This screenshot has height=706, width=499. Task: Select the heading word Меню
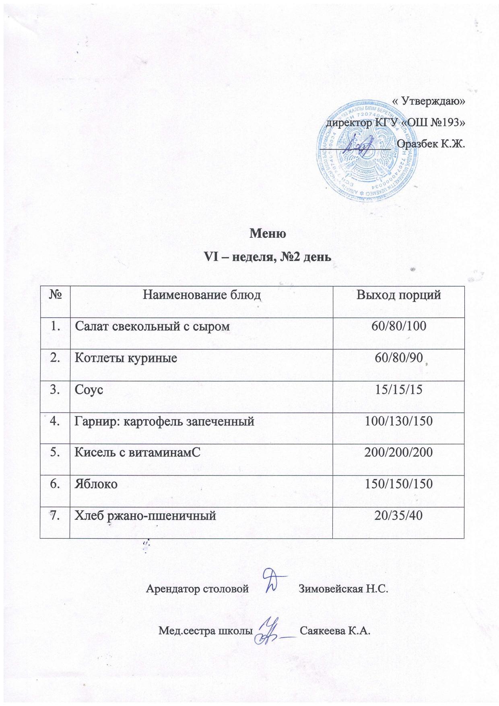[268, 233]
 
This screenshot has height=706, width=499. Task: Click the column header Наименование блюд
[202, 295]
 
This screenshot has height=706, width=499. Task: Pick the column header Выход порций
[399, 295]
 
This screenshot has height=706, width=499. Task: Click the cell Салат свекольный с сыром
[153, 326]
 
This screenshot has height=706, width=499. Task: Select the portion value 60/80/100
[398, 326]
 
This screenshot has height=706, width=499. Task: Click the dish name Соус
[89, 389]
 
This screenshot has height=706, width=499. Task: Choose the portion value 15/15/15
[398, 389]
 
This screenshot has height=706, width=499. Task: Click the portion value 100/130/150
[398, 421]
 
